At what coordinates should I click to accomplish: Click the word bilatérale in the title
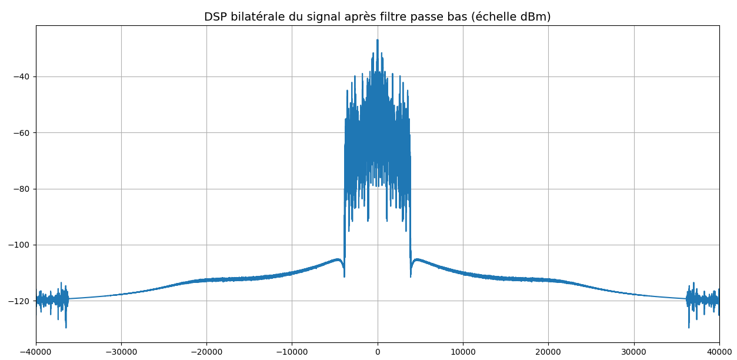[254, 17]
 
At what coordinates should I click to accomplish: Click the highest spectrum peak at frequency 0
[378, 40]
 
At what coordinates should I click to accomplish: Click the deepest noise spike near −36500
[66, 327]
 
